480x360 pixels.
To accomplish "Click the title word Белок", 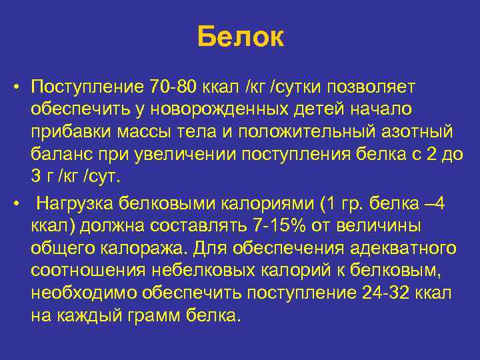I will pyautogui.click(x=240, y=37).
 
